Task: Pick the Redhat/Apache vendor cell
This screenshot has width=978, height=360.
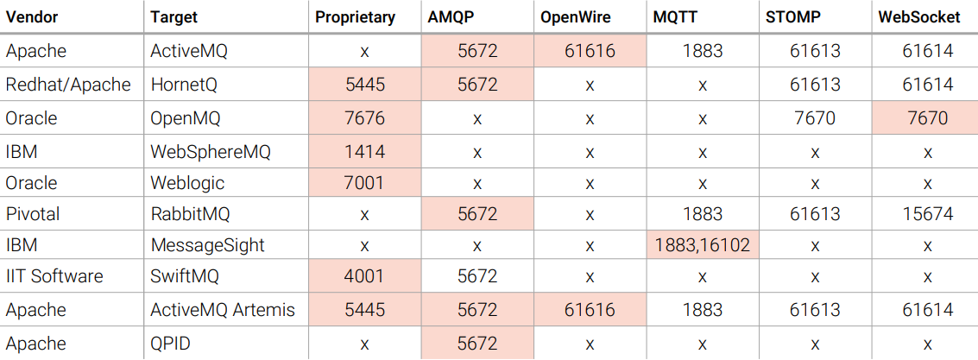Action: [x=68, y=85]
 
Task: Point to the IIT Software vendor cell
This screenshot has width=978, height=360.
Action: [x=54, y=276]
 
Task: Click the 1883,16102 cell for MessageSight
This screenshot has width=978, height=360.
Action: [x=703, y=245]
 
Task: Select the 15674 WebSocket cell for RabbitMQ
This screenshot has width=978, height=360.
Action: [x=927, y=213]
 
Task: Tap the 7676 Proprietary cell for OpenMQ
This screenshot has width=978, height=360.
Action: [x=364, y=117]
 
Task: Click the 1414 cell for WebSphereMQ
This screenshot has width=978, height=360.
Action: [x=364, y=152]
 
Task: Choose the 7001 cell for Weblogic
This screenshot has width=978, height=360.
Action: [x=364, y=183]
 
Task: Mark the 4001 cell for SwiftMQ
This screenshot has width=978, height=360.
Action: [x=364, y=276]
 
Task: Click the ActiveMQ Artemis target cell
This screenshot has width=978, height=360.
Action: [x=223, y=309]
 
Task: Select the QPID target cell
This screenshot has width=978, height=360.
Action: [x=170, y=344]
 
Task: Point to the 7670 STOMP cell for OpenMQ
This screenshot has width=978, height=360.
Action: [x=814, y=117]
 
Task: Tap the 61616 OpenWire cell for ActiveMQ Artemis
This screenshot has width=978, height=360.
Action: [x=590, y=309]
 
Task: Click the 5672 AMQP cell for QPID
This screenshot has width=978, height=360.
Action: [x=477, y=344]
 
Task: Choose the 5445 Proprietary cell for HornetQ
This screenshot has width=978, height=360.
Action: [x=364, y=85]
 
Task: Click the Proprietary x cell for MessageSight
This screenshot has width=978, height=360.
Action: [x=364, y=245]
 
